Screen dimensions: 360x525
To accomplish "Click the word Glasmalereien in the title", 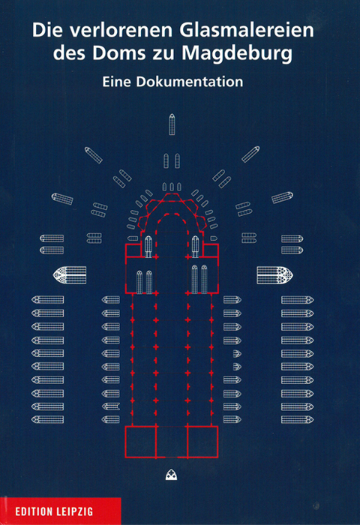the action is tap(247, 30).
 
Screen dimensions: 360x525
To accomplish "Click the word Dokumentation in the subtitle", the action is tap(190, 82).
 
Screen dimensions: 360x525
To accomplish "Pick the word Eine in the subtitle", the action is tap(116, 82).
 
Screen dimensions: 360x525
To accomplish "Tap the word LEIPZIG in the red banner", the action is tap(75, 511).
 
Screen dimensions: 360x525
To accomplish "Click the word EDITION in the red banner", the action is tap(34, 511).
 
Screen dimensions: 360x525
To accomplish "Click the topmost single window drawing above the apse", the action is tap(172, 124).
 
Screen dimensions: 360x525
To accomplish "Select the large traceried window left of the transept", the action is tap(70, 275).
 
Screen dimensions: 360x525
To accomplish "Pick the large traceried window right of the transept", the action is tap(275, 275).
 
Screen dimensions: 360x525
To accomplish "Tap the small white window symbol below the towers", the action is tap(172, 475).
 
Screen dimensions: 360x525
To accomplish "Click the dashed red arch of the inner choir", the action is tap(172, 214).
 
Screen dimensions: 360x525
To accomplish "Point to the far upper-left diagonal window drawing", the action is tap(94, 155).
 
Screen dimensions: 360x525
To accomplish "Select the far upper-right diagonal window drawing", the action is tap(250, 154).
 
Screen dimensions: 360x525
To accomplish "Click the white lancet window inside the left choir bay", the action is tap(148, 247).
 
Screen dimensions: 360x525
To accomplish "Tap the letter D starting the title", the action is tap(38, 30).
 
